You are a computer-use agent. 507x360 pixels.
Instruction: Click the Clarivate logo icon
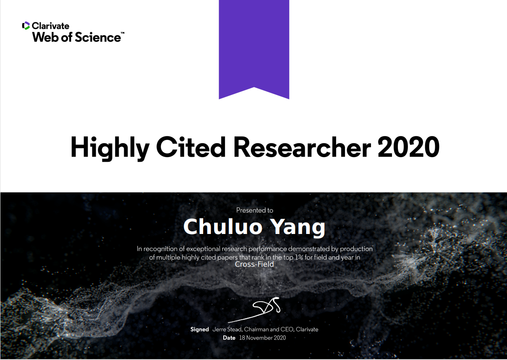click(x=26, y=26)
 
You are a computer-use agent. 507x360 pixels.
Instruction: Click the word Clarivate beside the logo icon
click(x=50, y=26)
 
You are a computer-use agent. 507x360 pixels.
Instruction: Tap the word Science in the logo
click(x=98, y=37)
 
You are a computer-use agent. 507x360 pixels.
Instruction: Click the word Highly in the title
click(x=110, y=148)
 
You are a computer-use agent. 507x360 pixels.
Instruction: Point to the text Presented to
click(x=255, y=210)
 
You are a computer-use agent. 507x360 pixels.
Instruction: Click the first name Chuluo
click(x=223, y=227)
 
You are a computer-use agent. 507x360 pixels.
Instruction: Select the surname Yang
click(x=298, y=228)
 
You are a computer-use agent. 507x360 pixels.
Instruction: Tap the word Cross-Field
click(x=254, y=264)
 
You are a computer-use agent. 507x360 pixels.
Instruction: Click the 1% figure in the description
click(x=299, y=258)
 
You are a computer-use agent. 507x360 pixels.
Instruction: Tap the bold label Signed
click(x=199, y=329)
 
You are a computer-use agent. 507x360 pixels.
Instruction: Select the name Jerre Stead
click(x=227, y=329)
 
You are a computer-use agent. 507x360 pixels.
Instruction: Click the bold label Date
click(x=229, y=338)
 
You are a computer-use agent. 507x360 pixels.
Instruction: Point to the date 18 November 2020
click(x=263, y=338)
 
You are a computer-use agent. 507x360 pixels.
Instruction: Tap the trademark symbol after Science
click(x=123, y=33)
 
